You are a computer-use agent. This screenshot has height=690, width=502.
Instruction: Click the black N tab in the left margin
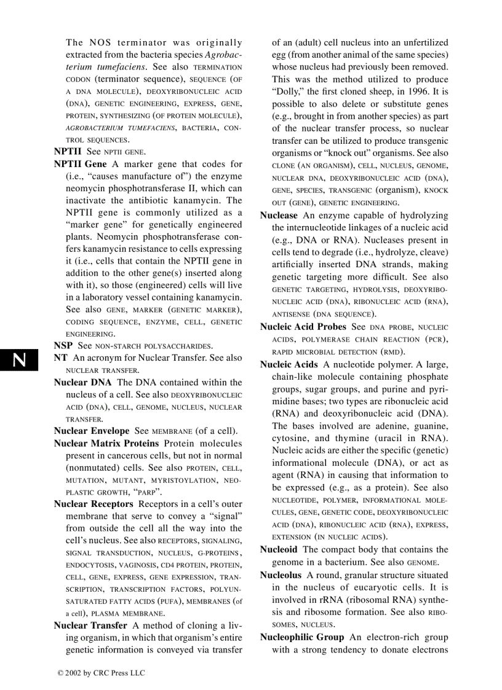point(19,360)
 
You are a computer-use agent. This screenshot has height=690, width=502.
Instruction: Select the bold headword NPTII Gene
point(80,164)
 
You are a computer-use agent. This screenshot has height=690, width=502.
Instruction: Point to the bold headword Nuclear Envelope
point(92,431)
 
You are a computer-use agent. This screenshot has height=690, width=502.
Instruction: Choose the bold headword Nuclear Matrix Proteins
point(106,443)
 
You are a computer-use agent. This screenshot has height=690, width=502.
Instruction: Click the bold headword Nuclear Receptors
point(94,504)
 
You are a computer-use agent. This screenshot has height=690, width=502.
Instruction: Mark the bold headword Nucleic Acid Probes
point(303,327)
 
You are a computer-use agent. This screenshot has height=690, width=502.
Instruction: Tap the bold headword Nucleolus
point(281,574)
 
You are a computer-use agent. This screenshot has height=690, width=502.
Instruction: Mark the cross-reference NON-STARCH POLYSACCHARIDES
point(153,346)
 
